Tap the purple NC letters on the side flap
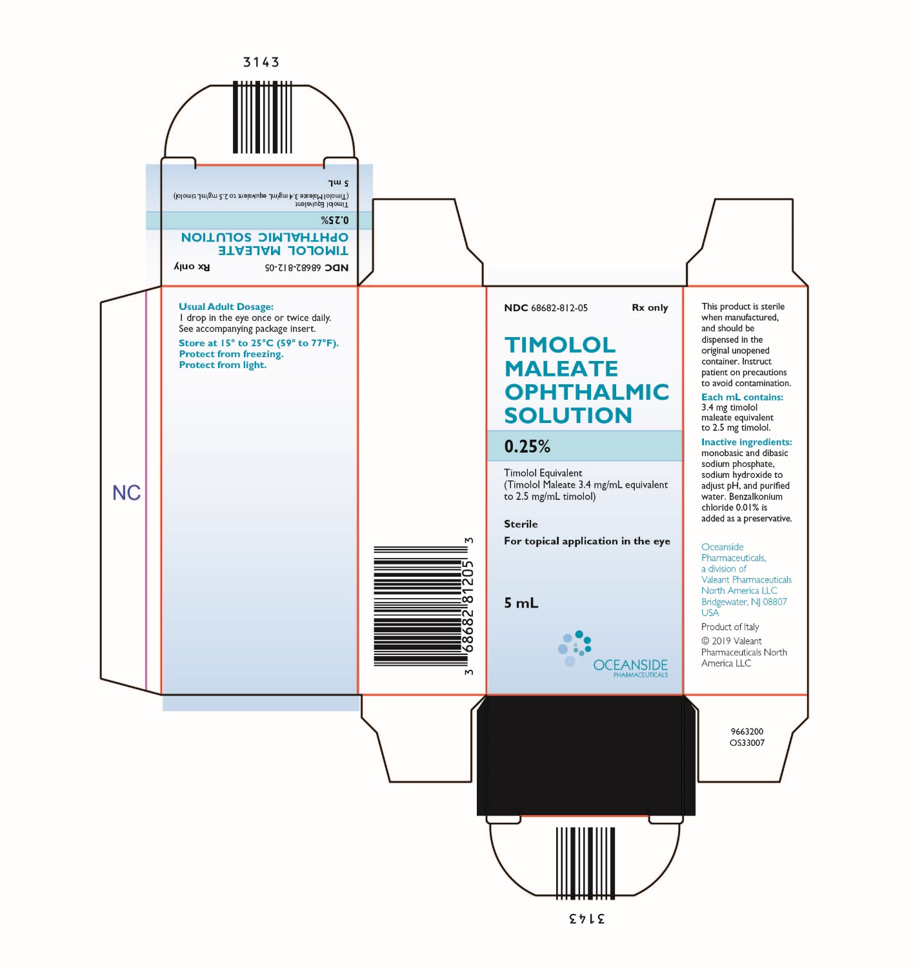pyautogui.click(x=126, y=493)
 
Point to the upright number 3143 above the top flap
pyautogui.click(x=261, y=62)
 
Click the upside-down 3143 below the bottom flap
pyautogui.click(x=586, y=918)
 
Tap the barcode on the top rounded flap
pyautogui.click(x=263, y=117)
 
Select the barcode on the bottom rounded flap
pyautogui.click(x=585, y=863)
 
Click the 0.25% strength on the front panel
pyautogui.click(x=527, y=446)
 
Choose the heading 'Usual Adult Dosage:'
pyautogui.click(x=226, y=306)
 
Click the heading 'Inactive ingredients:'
pyautogui.click(x=747, y=442)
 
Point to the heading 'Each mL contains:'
pyautogui.click(x=742, y=397)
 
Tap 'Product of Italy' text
pyautogui.click(x=730, y=627)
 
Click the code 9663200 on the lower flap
pyautogui.click(x=747, y=732)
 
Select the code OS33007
pyautogui.click(x=747, y=743)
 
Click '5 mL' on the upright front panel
pyautogui.click(x=521, y=603)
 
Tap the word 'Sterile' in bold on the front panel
pyautogui.click(x=521, y=524)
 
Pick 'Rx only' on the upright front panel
pyautogui.click(x=650, y=307)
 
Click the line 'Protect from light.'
pyautogui.click(x=223, y=365)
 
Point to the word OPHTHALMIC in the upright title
pyautogui.click(x=586, y=392)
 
